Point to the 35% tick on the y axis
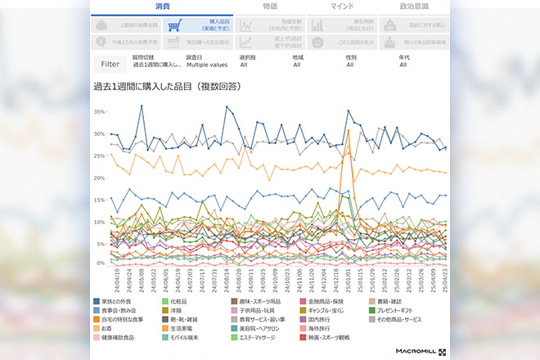[x=99, y=110]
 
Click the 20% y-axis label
[x=99, y=178]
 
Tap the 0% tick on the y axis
[x=101, y=263]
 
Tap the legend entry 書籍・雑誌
[x=392, y=302]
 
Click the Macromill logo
[x=417, y=351]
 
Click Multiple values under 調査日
[x=208, y=64]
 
